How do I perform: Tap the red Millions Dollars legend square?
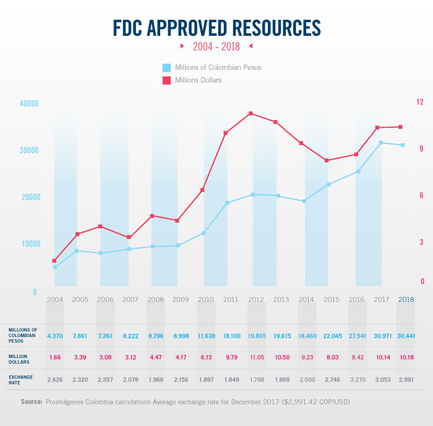(166, 80)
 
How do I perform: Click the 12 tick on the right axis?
(420, 101)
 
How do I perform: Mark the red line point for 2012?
(251, 114)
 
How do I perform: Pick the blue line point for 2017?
(381, 143)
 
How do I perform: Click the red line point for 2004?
(54, 261)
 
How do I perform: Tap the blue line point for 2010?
(204, 233)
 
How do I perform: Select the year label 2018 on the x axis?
(406, 299)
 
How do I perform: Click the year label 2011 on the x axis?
(231, 299)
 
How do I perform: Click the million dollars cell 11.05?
(255, 357)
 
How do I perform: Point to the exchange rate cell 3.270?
(356, 378)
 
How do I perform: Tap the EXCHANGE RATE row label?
(22, 378)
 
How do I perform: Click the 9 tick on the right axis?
(420, 148)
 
